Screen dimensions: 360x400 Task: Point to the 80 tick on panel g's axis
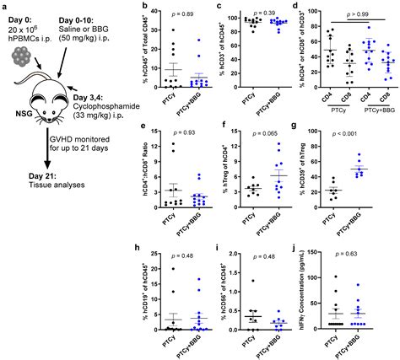click(x=320, y=137)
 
